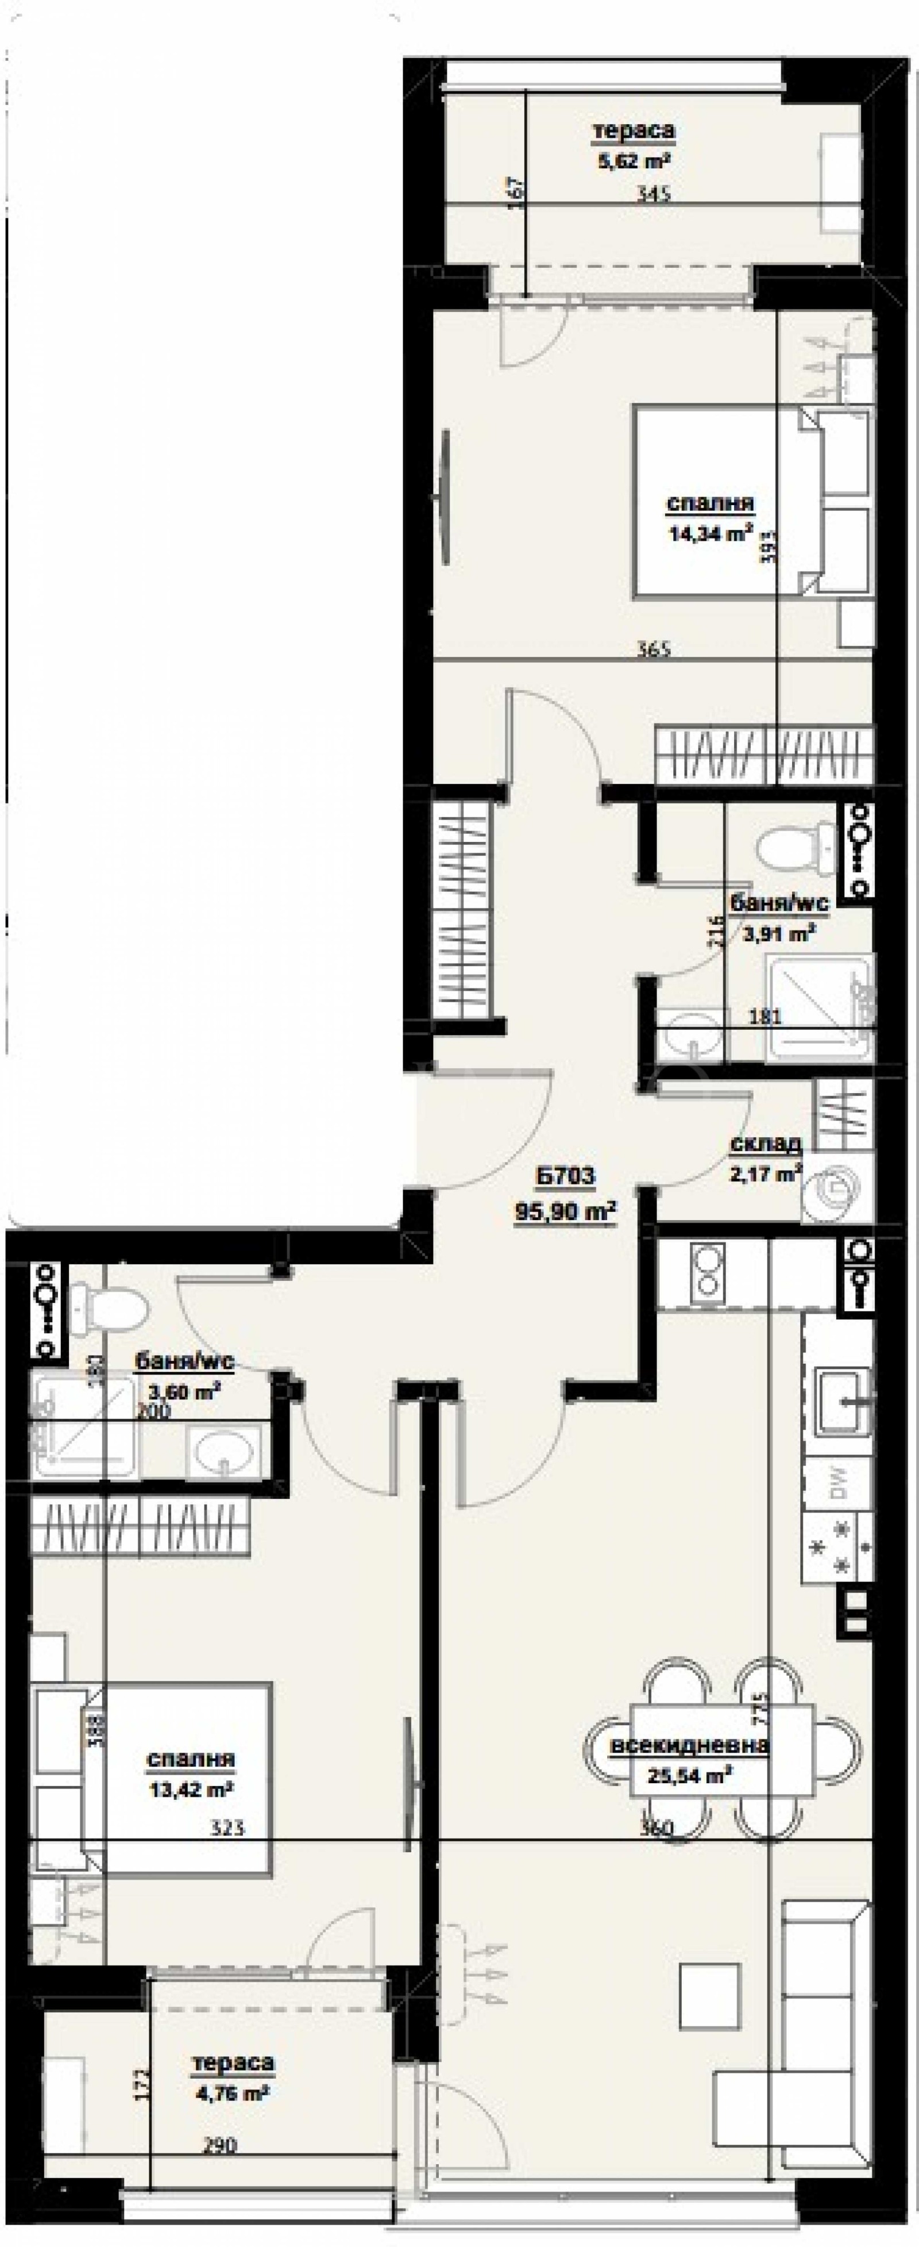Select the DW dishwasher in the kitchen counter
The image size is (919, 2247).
[836, 1487]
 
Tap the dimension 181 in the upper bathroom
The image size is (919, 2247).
[766, 1016]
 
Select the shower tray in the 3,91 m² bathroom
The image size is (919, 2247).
[818, 1009]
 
